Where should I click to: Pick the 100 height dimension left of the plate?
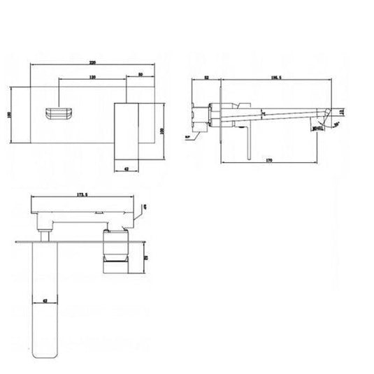coord(9,116)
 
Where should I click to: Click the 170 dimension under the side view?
coord(269,161)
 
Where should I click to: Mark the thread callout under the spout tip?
coord(319,128)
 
